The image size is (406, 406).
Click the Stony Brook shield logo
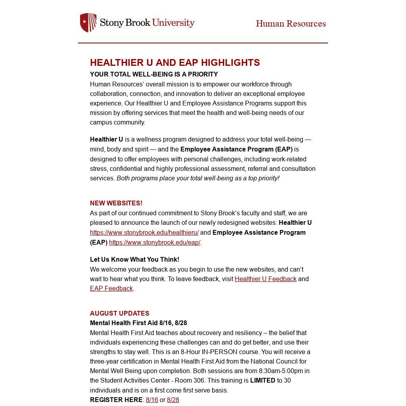pyautogui.click(x=88, y=23)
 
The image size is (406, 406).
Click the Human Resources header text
pyautogui.click(x=291, y=24)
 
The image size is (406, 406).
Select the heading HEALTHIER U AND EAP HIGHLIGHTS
pyautogui.click(x=175, y=63)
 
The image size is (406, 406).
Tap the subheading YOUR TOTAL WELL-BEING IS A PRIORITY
pyautogui.click(x=154, y=74)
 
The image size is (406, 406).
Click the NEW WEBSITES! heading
pyautogui.click(x=116, y=203)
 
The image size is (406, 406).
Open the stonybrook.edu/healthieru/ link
pyautogui.click(x=144, y=233)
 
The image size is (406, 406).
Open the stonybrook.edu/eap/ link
pyautogui.click(x=155, y=242)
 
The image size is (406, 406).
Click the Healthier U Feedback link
pyautogui.click(x=265, y=279)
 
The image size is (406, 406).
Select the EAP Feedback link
pyautogui.click(x=111, y=288)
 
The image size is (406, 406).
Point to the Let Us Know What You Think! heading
pyautogui.click(x=134, y=259)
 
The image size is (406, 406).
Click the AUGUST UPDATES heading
pyautogui.click(x=120, y=313)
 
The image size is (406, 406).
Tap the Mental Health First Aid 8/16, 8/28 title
pyautogui.click(x=138, y=323)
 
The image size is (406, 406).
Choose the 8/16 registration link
pyautogui.click(x=152, y=400)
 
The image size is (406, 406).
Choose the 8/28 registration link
pyautogui.click(x=173, y=400)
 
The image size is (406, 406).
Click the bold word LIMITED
pyautogui.click(x=262, y=380)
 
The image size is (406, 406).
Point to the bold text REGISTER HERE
pyautogui.click(x=116, y=400)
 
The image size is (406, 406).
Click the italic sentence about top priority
pyautogui.click(x=198, y=178)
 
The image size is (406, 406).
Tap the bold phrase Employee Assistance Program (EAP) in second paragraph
pyautogui.click(x=236, y=149)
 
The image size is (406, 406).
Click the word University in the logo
pyautogui.click(x=173, y=23)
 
